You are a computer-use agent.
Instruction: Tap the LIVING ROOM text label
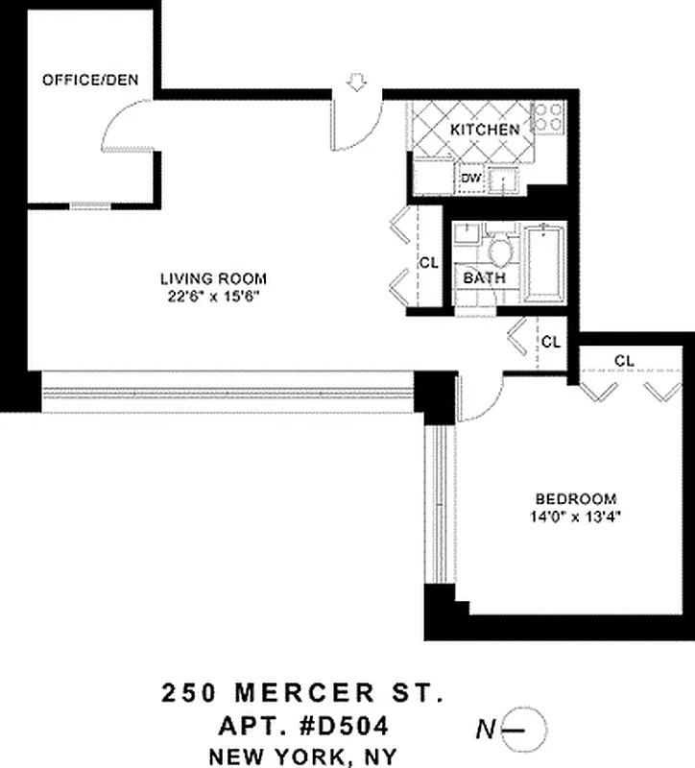coord(211,279)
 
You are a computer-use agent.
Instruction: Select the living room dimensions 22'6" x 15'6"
coord(211,297)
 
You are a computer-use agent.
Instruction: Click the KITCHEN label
coord(485,130)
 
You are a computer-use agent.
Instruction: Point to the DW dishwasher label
coord(470,178)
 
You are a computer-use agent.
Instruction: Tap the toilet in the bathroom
coord(498,252)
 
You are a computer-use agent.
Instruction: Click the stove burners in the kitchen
coord(548,117)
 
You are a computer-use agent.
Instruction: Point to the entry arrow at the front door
coord(356,85)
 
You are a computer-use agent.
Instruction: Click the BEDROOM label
coord(575,498)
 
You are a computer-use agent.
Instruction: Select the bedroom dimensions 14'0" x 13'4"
coord(575,516)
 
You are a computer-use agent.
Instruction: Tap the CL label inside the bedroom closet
coord(624,360)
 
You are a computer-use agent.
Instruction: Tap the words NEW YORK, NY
coord(301,756)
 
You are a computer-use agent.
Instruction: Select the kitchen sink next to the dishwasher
coord(502,180)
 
